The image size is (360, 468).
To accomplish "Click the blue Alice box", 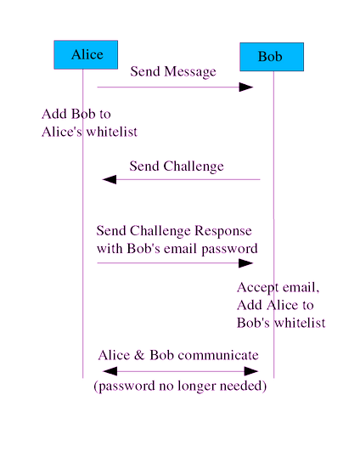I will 86,55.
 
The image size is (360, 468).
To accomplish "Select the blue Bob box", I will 271,57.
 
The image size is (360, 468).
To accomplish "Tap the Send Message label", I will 173,72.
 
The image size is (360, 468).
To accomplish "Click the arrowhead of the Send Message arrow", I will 246,87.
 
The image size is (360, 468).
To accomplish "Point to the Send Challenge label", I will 177,166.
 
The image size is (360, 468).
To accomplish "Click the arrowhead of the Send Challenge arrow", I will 110,179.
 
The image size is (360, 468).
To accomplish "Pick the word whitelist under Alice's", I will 110,132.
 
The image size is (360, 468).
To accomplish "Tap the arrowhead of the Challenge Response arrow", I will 246,263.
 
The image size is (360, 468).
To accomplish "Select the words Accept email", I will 278,288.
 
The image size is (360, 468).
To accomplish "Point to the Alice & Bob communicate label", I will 178,355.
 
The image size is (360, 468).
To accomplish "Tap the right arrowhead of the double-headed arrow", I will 251,371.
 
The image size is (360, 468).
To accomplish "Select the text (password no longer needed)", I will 180,387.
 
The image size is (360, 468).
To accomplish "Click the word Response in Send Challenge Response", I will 223,231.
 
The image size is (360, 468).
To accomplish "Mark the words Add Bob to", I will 76,114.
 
